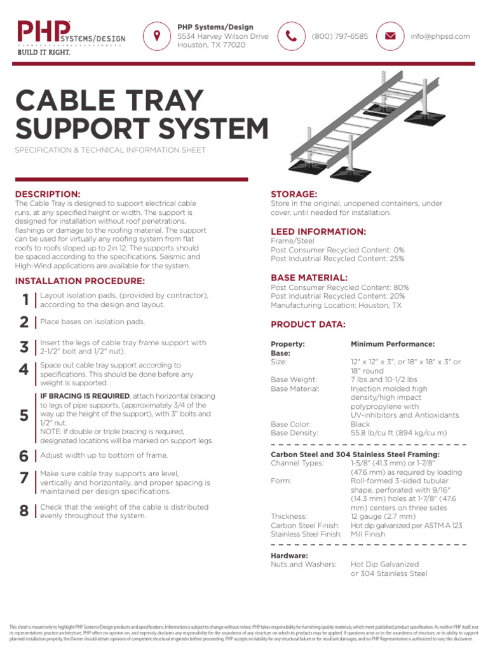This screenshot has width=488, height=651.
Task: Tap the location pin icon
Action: point(156,36)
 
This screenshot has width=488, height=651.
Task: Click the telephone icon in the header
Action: point(291,36)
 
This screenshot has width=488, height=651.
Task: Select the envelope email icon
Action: point(390,36)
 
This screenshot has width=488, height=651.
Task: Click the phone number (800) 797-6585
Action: point(339,37)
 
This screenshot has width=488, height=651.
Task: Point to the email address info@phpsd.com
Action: point(440,37)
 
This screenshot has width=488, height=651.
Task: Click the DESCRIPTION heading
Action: point(48,193)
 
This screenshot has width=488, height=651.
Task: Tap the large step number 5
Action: point(24,416)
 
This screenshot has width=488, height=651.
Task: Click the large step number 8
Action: point(24,512)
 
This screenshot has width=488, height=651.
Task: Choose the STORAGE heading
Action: point(294,193)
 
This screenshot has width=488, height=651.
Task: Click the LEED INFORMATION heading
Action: point(318,231)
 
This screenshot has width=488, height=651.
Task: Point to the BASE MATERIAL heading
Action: point(309,278)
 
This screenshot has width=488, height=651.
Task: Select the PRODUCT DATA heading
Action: point(308,324)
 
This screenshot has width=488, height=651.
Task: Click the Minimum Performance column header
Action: point(393,344)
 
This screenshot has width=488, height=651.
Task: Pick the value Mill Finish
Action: point(368,535)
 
